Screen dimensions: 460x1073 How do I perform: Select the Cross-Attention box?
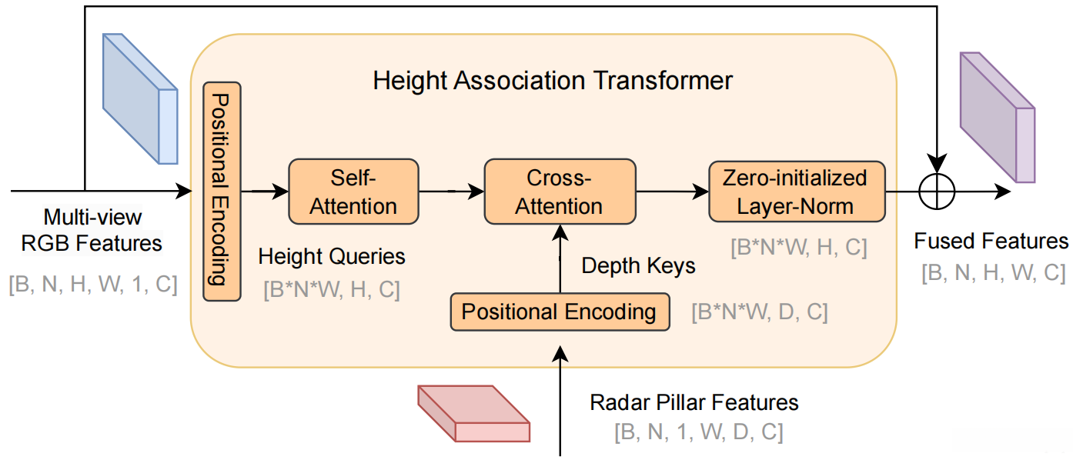point(560,192)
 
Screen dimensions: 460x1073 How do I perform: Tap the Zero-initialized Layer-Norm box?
point(795,192)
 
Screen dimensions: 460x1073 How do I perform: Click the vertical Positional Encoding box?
point(222,192)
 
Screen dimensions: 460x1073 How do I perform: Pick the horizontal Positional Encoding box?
point(558,312)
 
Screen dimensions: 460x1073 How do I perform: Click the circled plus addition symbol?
point(938,191)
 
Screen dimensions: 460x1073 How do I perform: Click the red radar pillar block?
point(473,413)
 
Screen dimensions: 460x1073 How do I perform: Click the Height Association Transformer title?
point(553,80)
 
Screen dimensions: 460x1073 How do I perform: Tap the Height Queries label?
point(331,256)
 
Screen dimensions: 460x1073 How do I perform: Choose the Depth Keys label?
point(638,266)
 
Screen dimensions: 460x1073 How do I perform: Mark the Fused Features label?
point(991,242)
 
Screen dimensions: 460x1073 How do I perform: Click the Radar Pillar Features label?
point(694,402)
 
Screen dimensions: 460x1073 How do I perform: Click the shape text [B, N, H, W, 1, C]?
point(92,285)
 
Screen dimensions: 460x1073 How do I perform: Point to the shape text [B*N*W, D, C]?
point(759,313)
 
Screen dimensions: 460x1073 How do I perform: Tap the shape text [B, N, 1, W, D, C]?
point(698,432)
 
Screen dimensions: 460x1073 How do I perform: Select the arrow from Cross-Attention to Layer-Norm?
point(671,192)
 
